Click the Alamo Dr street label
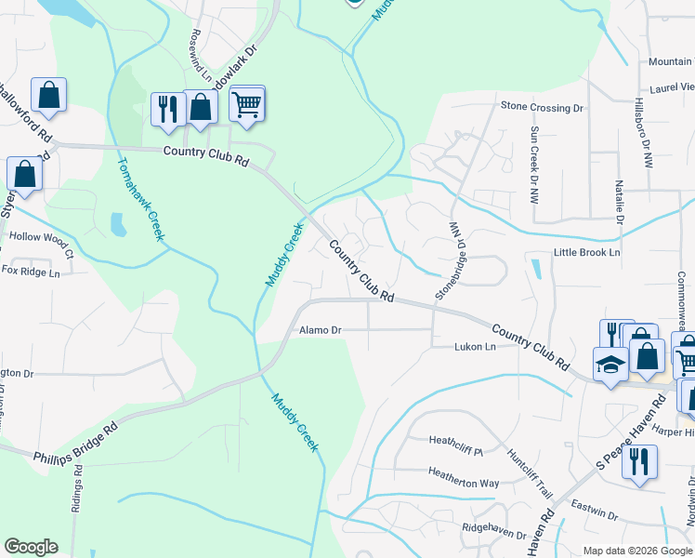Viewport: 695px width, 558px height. [x=321, y=330]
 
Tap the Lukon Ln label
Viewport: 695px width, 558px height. [x=475, y=347]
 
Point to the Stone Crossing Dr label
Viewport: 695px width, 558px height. [x=542, y=108]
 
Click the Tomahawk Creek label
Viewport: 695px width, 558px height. [x=140, y=199]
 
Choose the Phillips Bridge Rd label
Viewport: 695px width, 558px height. [x=75, y=443]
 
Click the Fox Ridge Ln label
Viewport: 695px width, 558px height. [x=30, y=272]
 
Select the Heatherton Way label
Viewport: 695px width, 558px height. [x=464, y=484]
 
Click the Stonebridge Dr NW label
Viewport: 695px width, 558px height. [x=448, y=261]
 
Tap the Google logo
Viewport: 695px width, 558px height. [x=31, y=547]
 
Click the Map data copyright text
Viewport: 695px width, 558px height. [x=638, y=551]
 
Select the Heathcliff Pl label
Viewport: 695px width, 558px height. [x=456, y=440]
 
